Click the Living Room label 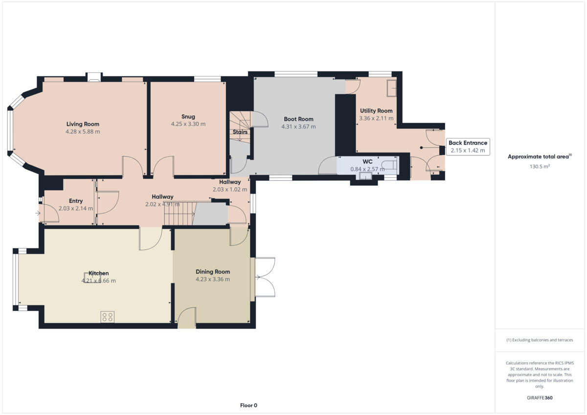click(x=83, y=124)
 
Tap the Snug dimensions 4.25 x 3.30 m click(x=188, y=124)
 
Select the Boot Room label click(x=298, y=119)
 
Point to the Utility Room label click(x=376, y=111)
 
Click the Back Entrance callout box click(x=468, y=147)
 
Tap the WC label click(x=367, y=161)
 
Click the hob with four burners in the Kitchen click(x=108, y=317)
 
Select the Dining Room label click(x=213, y=272)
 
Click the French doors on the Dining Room click(x=264, y=277)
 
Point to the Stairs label click(x=240, y=132)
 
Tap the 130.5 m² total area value click(x=540, y=166)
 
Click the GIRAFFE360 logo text click(x=540, y=398)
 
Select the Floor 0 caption click(x=248, y=405)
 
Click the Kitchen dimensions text click(x=98, y=281)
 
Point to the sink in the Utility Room click(x=392, y=88)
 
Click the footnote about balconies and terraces click(x=540, y=340)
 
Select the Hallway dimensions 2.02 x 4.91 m click(x=162, y=204)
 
